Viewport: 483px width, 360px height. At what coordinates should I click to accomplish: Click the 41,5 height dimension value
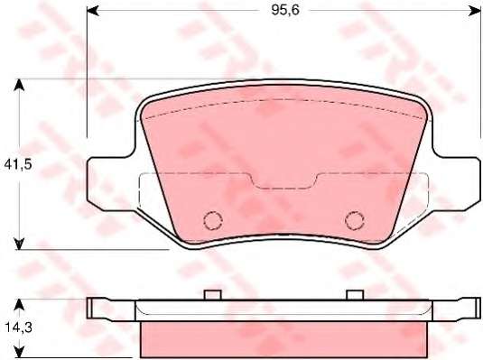tap(18, 165)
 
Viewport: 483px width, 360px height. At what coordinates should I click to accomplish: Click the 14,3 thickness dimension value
tap(18, 328)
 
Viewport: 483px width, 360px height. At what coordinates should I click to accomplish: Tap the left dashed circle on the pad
tap(213, 220)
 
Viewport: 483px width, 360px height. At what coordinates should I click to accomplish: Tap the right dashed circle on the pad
tap(355, 220)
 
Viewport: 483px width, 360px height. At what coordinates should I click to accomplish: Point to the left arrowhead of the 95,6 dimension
tap(93, 11)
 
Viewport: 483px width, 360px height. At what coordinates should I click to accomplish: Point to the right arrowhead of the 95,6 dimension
tap(474, 11)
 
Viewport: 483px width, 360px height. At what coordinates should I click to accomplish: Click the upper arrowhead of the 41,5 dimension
tap(19, 85)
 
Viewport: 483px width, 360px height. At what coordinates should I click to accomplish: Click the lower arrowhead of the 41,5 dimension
tap(19, 244)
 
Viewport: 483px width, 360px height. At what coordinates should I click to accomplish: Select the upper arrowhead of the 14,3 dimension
tap(19, 305)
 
